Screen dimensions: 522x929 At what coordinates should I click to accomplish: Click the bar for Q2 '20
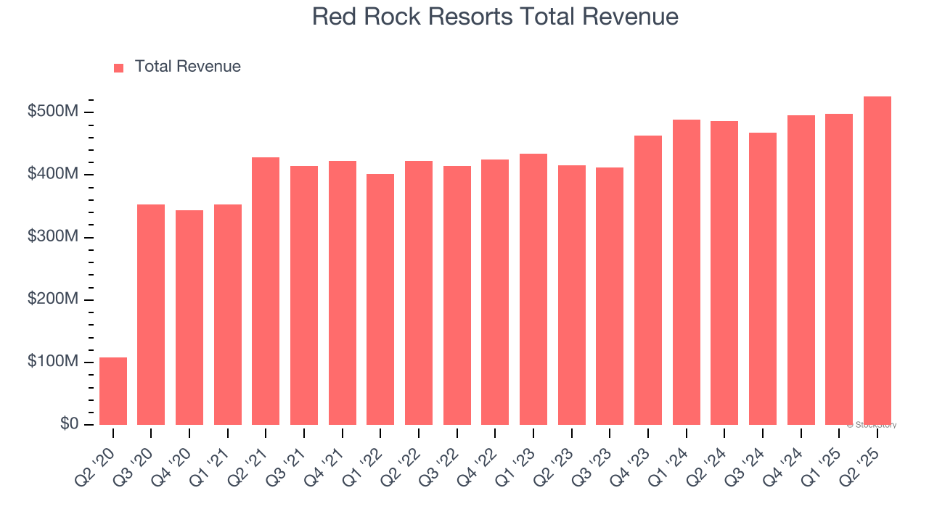[113, 391]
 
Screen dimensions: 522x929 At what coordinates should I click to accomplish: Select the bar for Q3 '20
[151, 315]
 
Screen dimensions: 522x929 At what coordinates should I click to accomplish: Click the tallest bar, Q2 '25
[877, 260]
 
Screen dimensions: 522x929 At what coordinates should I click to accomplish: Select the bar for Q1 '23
[533, 289]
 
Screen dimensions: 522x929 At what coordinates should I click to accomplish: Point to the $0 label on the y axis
[69, 424]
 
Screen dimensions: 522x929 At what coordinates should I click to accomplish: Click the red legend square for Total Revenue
[119, 67]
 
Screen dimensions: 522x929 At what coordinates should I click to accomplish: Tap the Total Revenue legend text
[187, 67]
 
